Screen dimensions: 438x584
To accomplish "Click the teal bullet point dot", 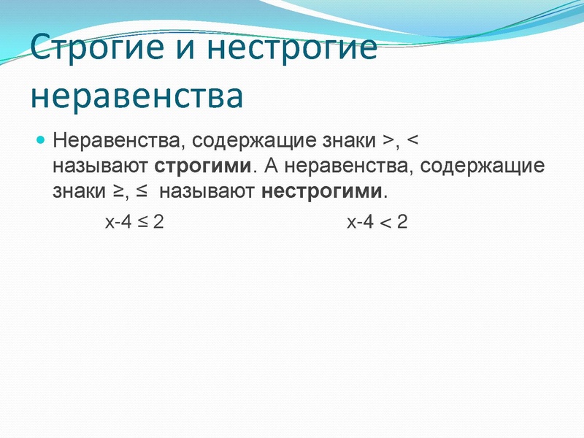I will tap(42, 138).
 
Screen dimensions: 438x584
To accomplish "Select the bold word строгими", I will tap(204, 166).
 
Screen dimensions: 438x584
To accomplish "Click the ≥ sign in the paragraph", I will tap(118, 193).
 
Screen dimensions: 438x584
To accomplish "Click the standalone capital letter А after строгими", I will tap(272, 166).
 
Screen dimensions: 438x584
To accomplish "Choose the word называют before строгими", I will tap(101, 166).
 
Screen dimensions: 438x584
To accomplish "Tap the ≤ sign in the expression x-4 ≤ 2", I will tap(142, 221).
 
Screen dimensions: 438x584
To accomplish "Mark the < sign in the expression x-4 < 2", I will tap(383, 221).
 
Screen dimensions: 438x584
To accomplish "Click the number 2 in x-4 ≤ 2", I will tap(158, 221).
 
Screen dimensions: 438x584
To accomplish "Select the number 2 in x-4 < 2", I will tap(401, 221).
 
